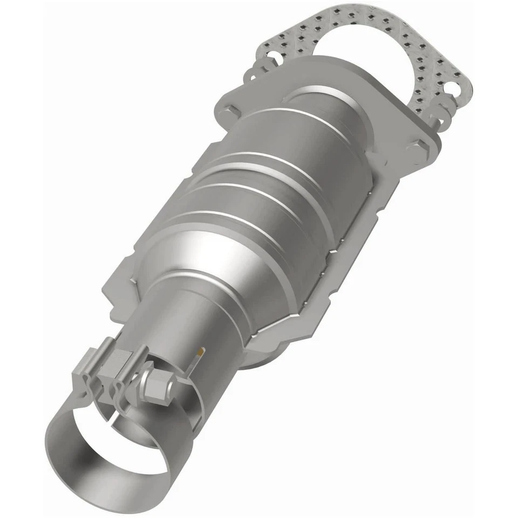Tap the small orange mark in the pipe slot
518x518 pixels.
click(x=201, y=352)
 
